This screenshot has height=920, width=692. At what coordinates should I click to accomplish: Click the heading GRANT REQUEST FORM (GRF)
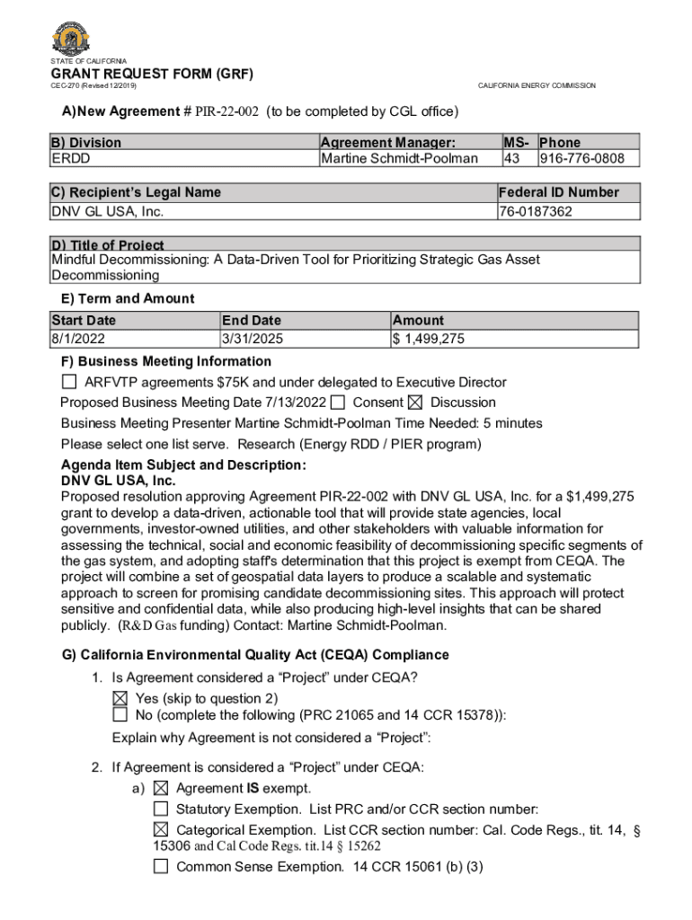(152, 74)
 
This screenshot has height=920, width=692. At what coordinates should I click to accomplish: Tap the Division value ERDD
(70, 159)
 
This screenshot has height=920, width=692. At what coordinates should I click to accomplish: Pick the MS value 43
(511, 159)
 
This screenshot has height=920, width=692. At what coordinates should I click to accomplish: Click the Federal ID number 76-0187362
(536, 211)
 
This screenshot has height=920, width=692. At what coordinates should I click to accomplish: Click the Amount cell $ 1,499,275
(428, 339)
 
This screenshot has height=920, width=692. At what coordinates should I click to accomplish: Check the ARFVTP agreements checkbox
(69, 383)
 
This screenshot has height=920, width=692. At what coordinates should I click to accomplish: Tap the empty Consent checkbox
(338, 402)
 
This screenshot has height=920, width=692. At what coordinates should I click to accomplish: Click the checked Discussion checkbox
(415, 402)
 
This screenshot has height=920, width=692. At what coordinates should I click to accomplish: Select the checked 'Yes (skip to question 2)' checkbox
(120, 698)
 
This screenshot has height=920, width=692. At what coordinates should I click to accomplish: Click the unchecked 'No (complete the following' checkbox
(120, 715)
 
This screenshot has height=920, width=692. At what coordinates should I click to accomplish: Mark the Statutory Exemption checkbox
(161, 809)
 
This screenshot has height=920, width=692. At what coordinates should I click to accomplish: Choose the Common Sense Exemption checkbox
(161, 867)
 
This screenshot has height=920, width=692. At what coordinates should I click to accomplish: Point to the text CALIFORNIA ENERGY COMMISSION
(537, 85)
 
